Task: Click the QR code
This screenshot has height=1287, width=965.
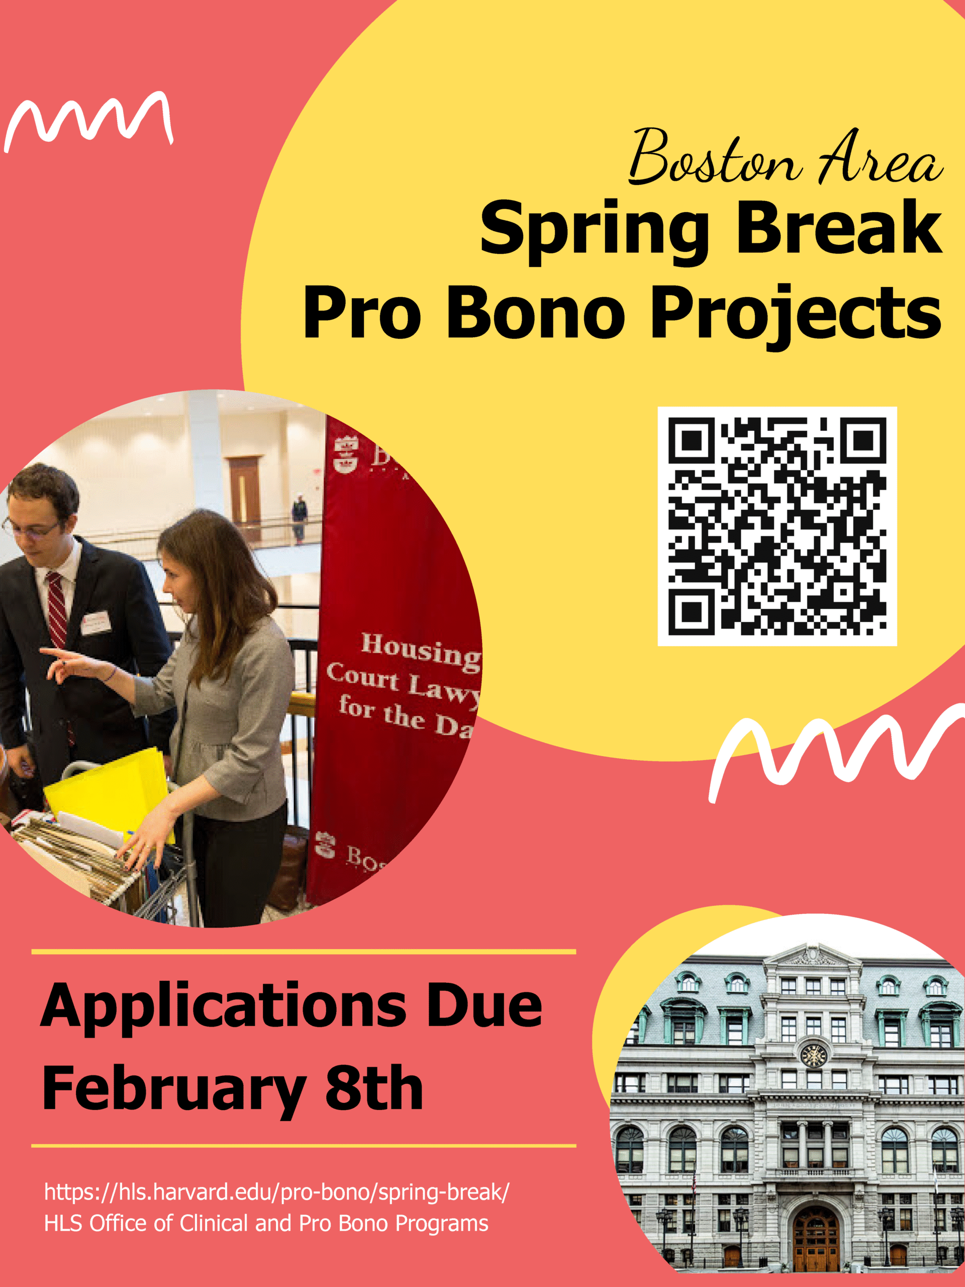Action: click(777, 526)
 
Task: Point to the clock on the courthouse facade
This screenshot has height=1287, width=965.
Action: click(813, 1054)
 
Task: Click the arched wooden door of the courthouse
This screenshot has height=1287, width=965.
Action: click(816, 1240)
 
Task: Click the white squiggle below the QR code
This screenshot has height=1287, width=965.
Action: click(832, 751)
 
